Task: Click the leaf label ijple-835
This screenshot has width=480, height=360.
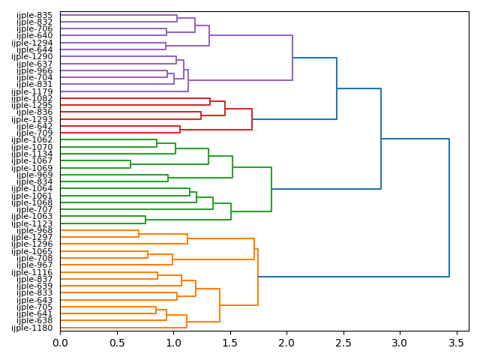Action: pyautogui.click(x=34, y=15)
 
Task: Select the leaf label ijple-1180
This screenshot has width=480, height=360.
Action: pyautogui.click(x=32, y=328)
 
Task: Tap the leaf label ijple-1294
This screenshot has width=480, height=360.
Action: pyautogui.click(x=32, y=43)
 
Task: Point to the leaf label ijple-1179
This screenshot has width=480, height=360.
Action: pyautogui.click(x=32, y=91)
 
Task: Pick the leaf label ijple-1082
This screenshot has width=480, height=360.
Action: pyautogui.click(x=32, y=98)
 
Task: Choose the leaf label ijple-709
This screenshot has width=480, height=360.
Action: pyautogui.click(x=34, y=133)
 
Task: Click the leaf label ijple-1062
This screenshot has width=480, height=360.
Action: pyautogui.click(x=32, y=140)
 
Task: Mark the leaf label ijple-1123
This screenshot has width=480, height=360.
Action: pyautogui.click(x=32, y=223)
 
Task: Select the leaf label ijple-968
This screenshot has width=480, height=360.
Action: pyautogui.click(x=34, y=230)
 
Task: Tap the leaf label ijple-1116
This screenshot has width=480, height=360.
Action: pyautogui.click(x=32, y=272)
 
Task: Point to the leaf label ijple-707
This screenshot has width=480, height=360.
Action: pyautogui.click(x=34, y=209)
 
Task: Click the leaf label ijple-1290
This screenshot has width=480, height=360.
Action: pyautogui.click(x=32, y=57)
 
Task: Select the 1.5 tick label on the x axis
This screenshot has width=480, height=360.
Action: pyautogui.click(x=230, y=343)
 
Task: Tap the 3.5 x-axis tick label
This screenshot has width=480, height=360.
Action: pyautogui.click(x=457, y=343)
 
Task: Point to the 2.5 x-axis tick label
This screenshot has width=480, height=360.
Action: pyautogui.click(x=343, y=343)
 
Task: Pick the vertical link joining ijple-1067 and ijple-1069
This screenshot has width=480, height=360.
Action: pyautogui.click(x=130, y=164)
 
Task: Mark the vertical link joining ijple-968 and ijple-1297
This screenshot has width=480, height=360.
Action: pyautogui.click(x=139, y=234)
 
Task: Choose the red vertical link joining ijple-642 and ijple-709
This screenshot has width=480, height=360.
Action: pyautogui.click(x=180, y=130)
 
